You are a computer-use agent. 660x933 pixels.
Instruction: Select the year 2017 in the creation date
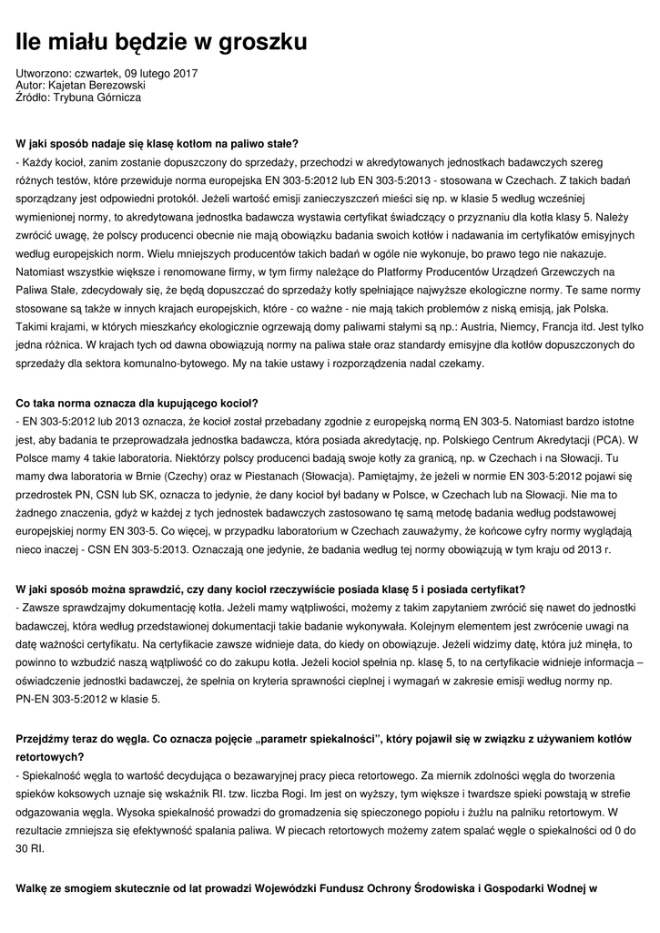click(181, 73)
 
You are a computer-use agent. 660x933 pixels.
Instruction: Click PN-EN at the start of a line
click(36, 698)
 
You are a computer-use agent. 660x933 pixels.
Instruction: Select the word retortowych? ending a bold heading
click(50, 756)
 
